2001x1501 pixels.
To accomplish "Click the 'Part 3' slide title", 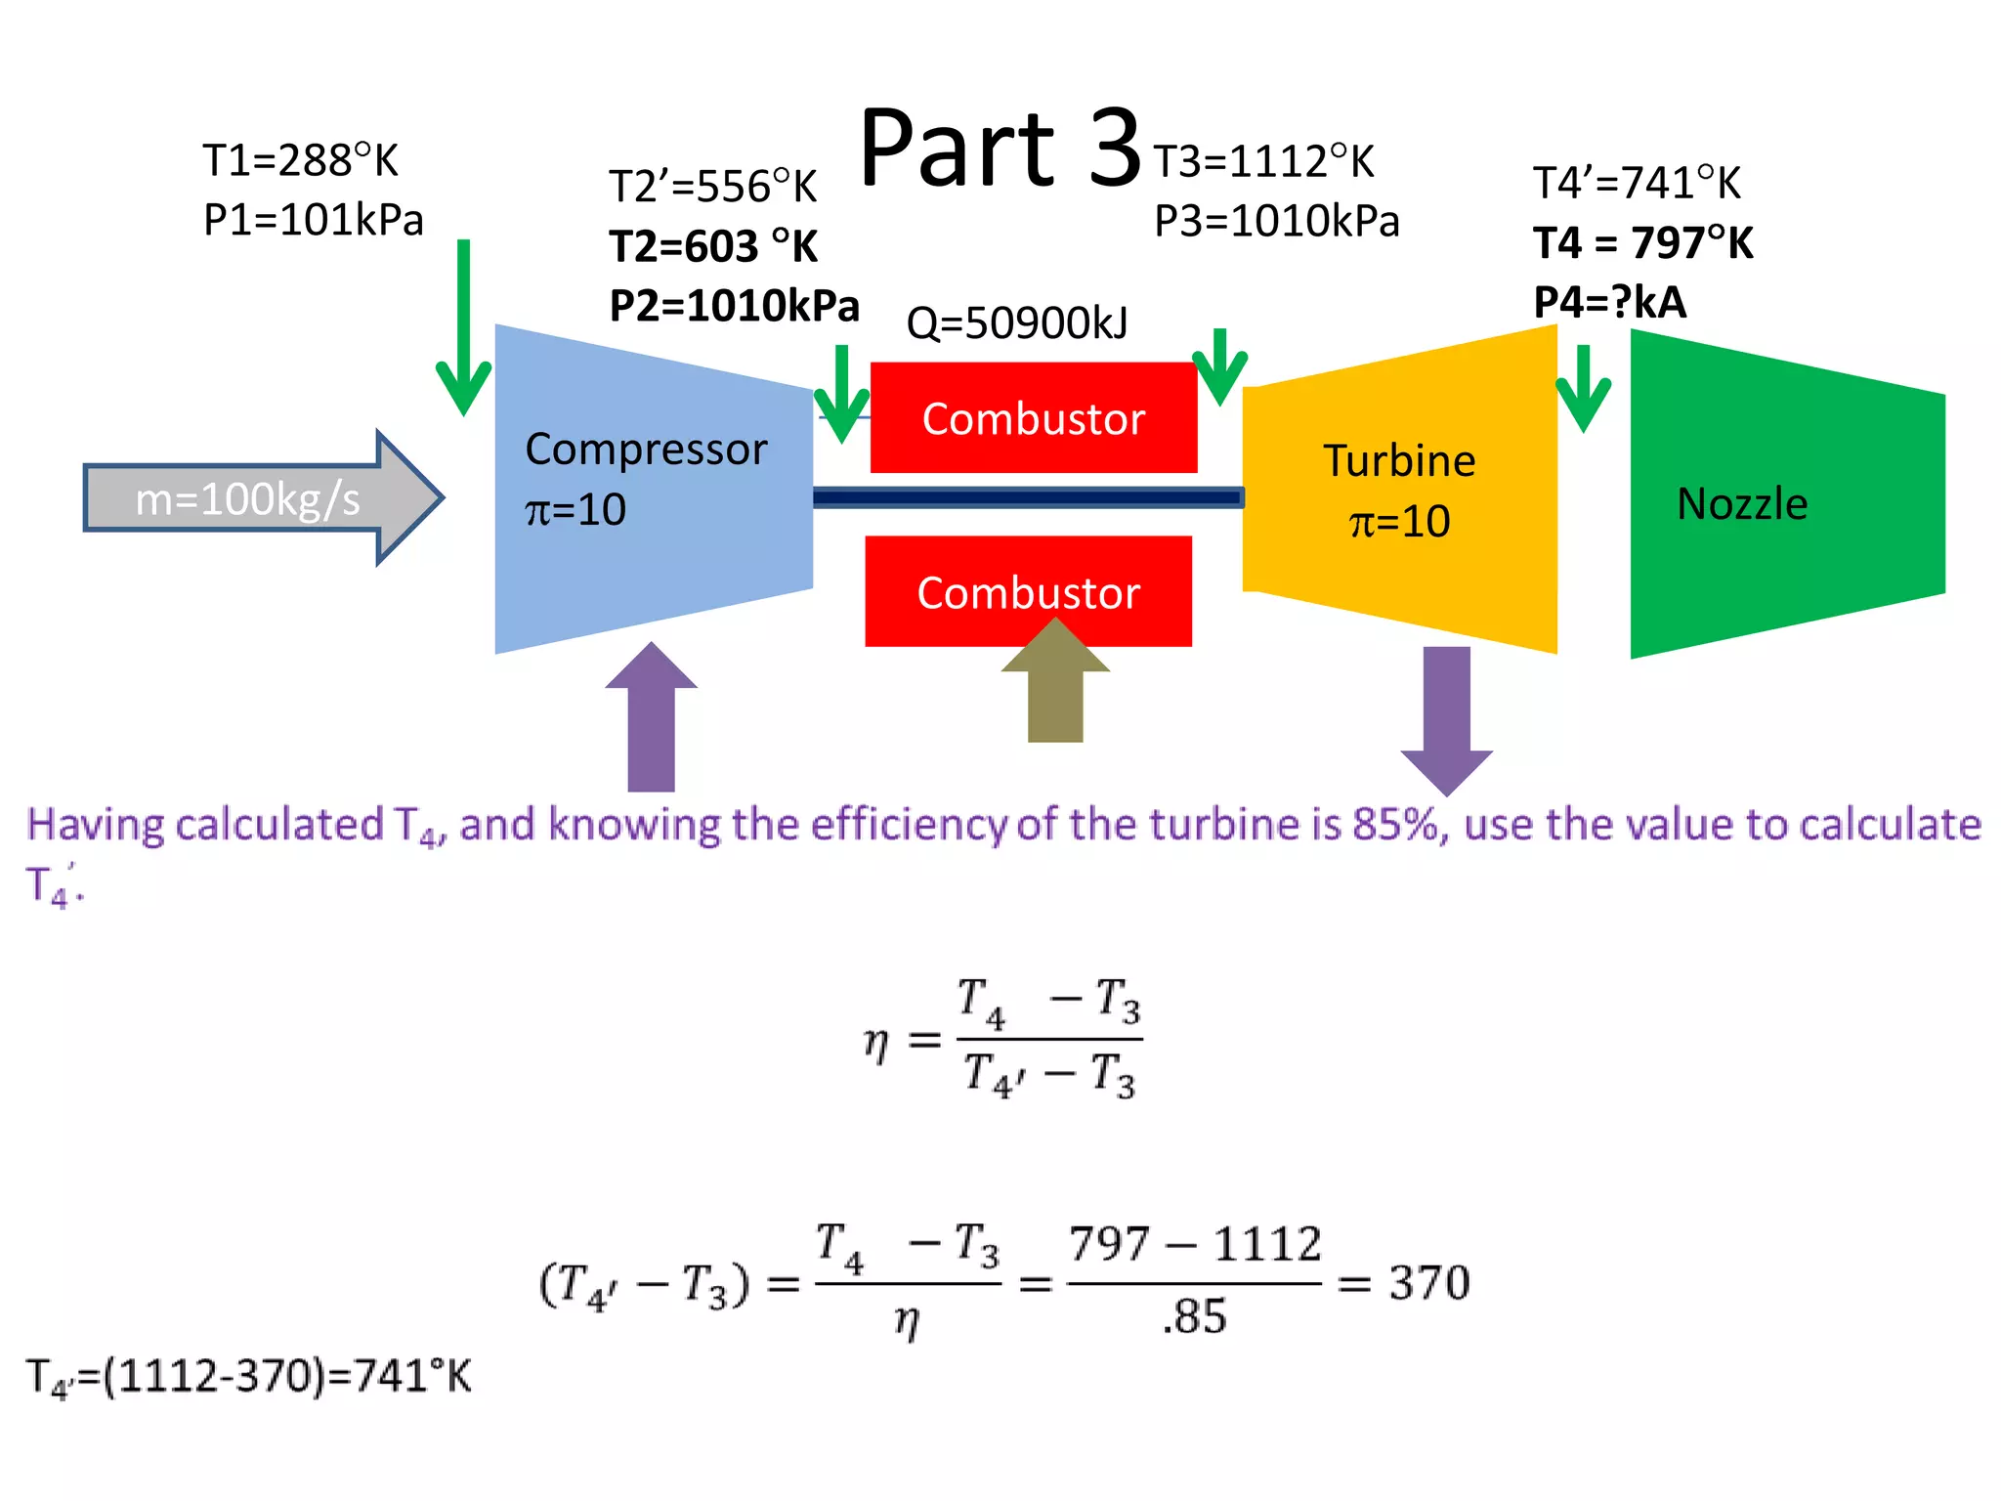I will pos(1000,149).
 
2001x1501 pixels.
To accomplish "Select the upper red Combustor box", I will pos(1033,418).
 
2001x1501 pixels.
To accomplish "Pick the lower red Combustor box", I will pos(1028,592).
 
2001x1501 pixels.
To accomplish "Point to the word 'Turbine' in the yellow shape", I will pos(1399,461).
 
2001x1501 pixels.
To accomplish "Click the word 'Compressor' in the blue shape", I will pos(646,450).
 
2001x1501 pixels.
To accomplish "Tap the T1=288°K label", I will pos(300,160).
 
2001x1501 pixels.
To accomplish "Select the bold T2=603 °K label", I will pos(713,246).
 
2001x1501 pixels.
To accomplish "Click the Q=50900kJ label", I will pos(1017,322).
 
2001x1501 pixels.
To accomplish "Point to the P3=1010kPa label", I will pos(1277,221).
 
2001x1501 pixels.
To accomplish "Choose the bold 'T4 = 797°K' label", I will pos(1643,242).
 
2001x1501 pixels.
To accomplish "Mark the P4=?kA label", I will pos(1610,302).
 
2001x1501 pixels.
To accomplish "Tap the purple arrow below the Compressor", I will pos(651,723).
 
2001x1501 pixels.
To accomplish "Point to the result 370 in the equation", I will pos(1429,1282).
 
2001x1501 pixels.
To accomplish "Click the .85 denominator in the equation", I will pos(1194,1316).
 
